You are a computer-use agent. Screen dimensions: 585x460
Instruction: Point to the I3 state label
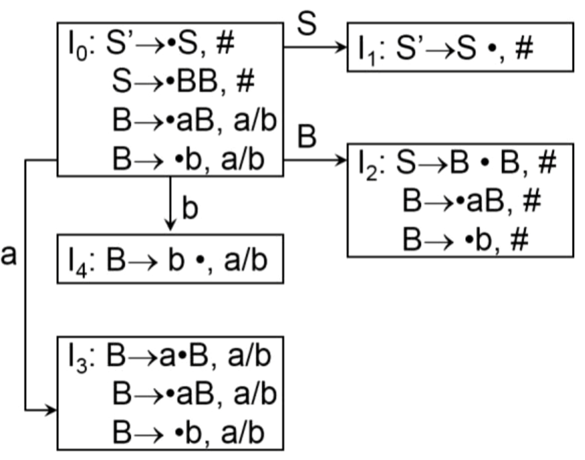click(77, 358)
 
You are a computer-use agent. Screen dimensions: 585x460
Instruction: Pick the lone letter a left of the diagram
click(9, 255)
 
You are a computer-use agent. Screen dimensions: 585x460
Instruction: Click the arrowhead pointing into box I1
click(343, 47)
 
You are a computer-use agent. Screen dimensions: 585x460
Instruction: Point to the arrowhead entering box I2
click(343, 160)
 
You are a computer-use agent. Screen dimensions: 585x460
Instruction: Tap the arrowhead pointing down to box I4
click(171, 227)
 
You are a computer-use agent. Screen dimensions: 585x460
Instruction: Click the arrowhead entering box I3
click(52, 410)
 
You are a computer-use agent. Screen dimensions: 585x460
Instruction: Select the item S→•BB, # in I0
click(184, 82)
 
